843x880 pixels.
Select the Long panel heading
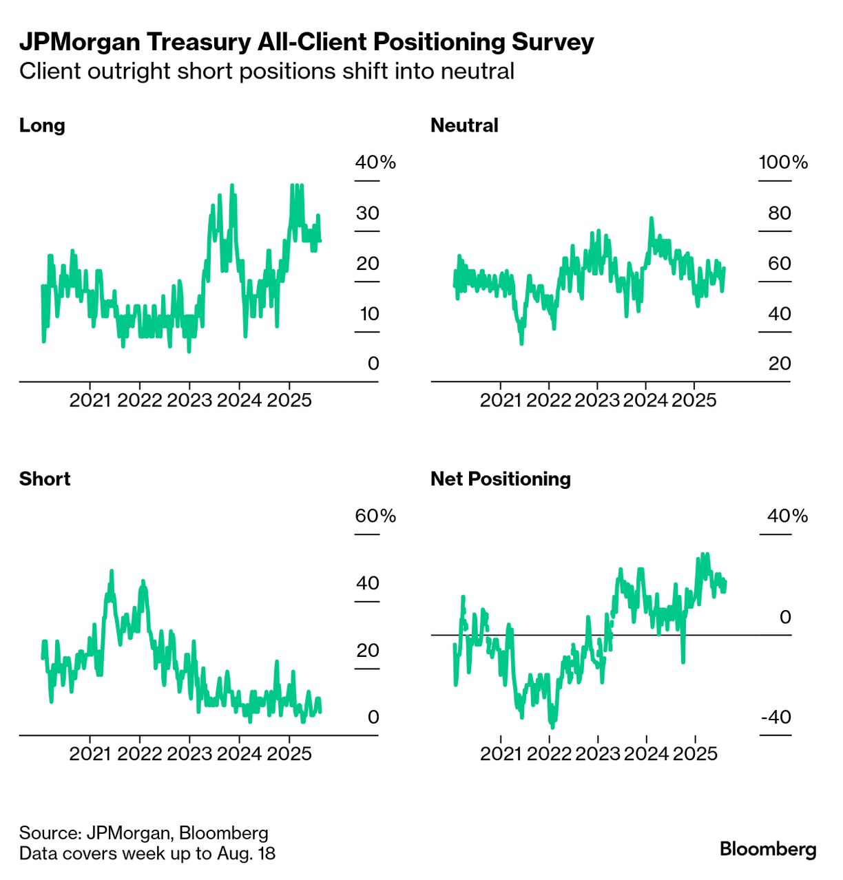point(42,125)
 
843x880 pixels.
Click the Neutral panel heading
point(464,125)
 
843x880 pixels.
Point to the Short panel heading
point(45,479)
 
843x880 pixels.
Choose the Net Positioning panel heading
point(501,479)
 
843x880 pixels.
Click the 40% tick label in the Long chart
point(375,163)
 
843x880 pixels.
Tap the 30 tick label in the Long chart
point(368,213)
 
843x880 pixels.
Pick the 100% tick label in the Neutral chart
point(783,163)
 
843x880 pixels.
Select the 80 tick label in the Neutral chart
point(780,213)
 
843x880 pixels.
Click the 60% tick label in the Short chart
point(375,516)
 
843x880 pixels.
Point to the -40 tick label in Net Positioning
point(776,717)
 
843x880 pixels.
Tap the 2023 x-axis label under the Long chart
point(189,400)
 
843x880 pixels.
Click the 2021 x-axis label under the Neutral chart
point(501,400)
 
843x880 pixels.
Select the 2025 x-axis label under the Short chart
point(289,753)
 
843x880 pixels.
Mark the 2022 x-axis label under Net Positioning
point(550,753)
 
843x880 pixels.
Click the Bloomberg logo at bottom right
point(768,849)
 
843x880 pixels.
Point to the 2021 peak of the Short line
point(112,572)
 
